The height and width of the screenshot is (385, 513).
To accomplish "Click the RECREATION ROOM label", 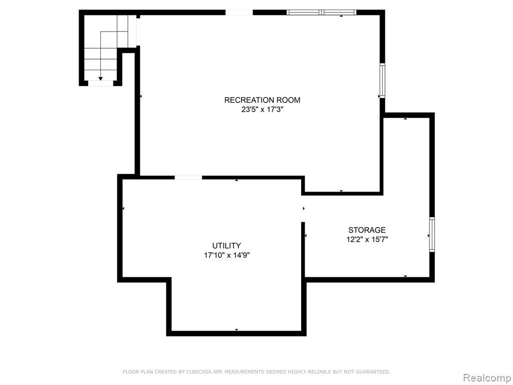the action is [x=262, y=100].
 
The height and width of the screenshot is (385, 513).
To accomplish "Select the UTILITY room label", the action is [x=226, y=246].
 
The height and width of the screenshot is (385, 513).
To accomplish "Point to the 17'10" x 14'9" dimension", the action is [x=227, y=255].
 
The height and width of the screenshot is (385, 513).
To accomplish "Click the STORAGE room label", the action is [x=367, y=230].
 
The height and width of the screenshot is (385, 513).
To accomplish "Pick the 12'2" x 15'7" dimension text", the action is [x=367, y=240].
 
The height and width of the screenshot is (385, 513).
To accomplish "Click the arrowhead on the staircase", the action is [x=100, y=79].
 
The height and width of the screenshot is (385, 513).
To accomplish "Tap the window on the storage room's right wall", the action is [x=432, y=235].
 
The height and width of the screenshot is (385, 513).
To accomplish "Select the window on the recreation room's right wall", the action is [x=382, y=81].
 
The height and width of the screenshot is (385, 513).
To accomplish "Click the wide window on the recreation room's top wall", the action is [x=321, y=13].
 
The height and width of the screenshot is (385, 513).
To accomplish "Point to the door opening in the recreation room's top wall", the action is [x=239, y=13].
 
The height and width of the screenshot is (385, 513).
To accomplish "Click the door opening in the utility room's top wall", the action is [x=188, y=177].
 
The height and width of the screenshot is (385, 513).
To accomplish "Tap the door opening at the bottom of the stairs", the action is [x=101, y=84].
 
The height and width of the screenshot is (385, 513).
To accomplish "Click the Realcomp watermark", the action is [x=487, y=377].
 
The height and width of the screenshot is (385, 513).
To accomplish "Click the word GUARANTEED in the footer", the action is [x=373, y=371].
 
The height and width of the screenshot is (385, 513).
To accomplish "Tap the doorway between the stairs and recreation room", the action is [x=138, y=32].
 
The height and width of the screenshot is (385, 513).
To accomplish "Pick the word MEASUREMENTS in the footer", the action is [x=244, y=371].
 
